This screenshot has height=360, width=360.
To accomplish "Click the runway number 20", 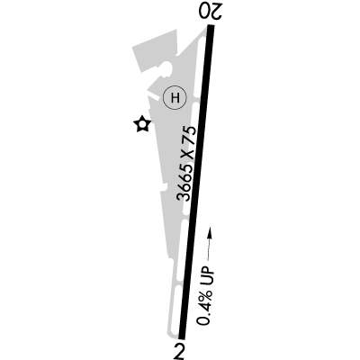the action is pyautogui.click(x=211, y=12).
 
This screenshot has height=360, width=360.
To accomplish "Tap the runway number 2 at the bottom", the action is pyautogui.click(x=179, y=351).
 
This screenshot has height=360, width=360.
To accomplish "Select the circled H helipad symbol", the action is pyautogui.click(x=175, y=97).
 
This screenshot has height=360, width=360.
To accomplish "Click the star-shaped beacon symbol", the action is pyautogui.click(x=142, y=124).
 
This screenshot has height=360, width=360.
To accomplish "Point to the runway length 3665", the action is pyautogui.click(x=186, y=182).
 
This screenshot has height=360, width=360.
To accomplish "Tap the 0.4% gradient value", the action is pyautogui.click(x=205, y=304).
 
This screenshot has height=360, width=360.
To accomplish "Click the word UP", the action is pyautogui.click(x=209, y=273).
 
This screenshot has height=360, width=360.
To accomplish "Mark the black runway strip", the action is pyautogui.click(x=196, y=182).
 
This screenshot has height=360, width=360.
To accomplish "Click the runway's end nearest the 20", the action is pyautogui.click(x=211, y=25).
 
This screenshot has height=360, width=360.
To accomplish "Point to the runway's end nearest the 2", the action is pyautogui.click(x=182, y=338).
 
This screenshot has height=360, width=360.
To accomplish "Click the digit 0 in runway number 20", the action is pyautogui.click(x=205, y=12).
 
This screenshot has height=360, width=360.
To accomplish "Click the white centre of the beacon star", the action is pyautogui.click(x=142, y=124).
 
